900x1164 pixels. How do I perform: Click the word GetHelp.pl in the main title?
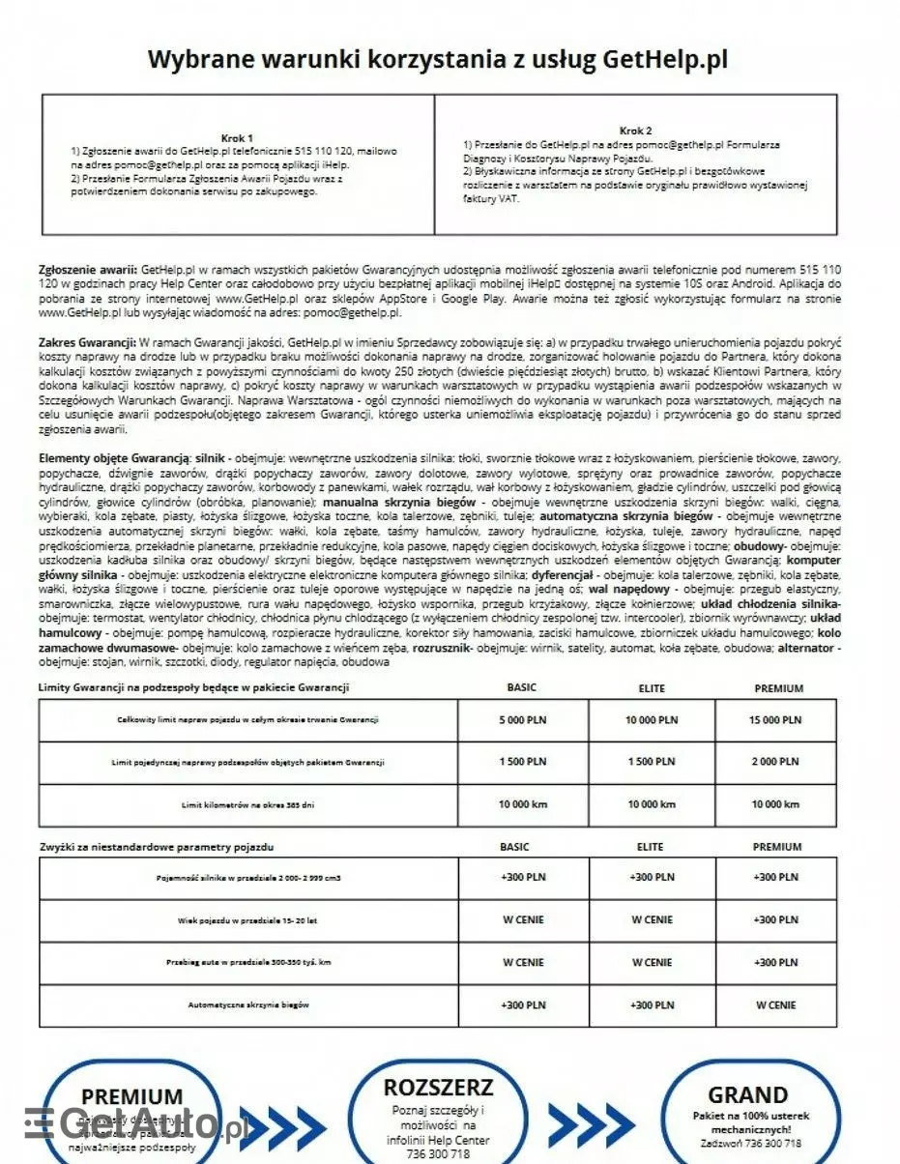click(665, 59)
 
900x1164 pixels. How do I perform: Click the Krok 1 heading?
click(237, 138)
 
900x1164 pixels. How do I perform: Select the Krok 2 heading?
click(635, 131)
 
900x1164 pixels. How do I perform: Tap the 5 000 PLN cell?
click(522, 720)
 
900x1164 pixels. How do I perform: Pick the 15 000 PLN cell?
click(776, 720)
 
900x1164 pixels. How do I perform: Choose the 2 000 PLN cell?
click(776, 762)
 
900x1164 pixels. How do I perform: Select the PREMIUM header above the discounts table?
click(777, 847)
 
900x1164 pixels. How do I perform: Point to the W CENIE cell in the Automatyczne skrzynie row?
click(776, 1005)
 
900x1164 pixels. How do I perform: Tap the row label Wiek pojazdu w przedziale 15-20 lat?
click(247, 920)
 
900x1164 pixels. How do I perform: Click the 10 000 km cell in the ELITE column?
click(652, 804)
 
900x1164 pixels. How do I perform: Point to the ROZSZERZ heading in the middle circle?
click(438, 1088)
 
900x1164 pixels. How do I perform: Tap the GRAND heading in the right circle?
click(747, 1095)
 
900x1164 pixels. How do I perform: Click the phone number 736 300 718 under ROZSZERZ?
click(439, 1154)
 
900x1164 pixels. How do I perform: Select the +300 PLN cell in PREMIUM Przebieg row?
click(776, 963)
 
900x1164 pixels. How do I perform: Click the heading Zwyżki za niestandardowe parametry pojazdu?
click(156, 847)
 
